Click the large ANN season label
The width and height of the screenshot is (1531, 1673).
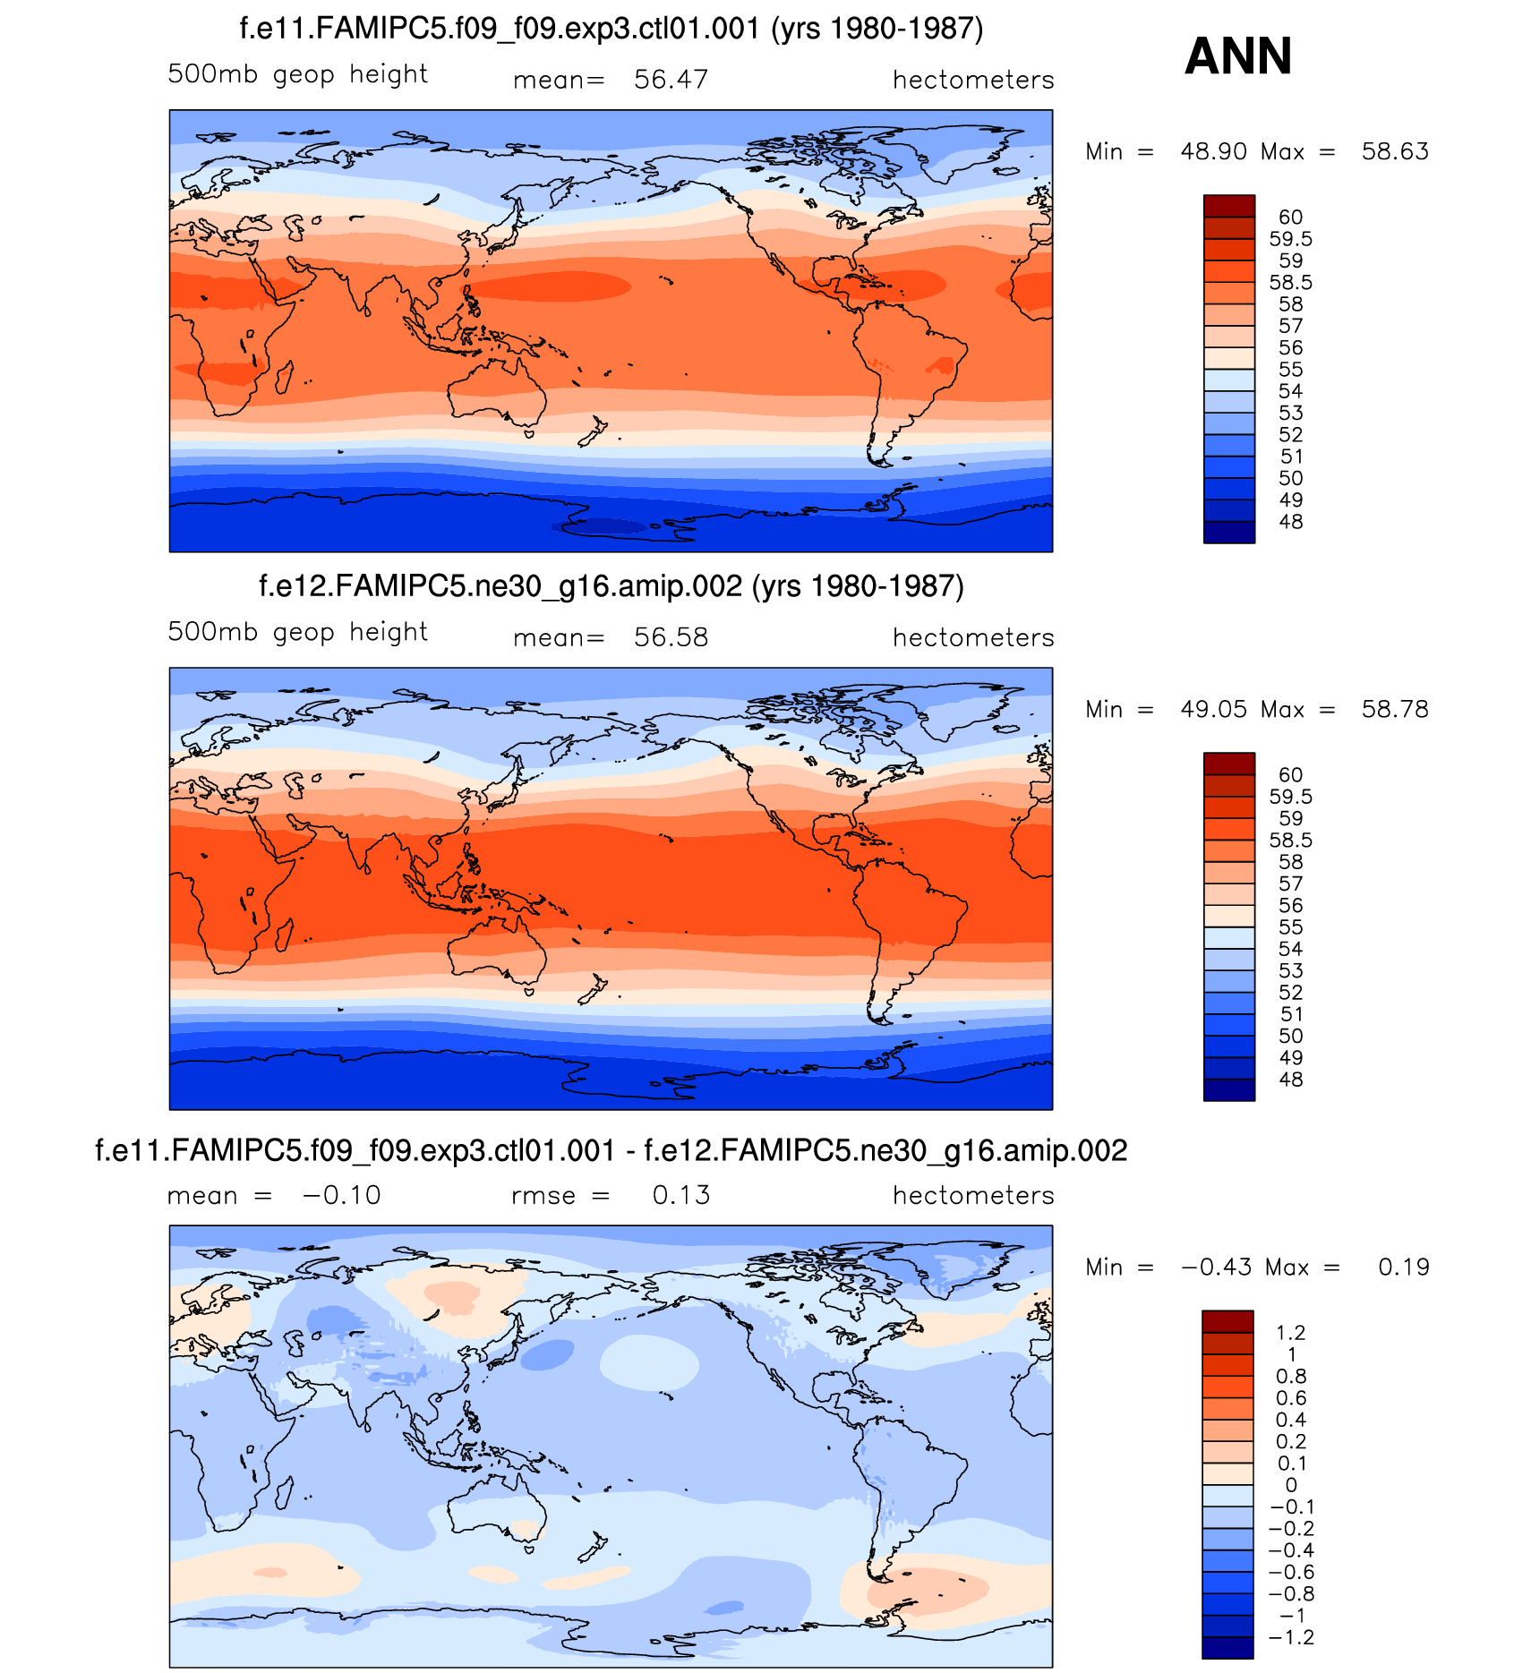coord(1237,56)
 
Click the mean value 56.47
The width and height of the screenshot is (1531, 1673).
coord(671,80)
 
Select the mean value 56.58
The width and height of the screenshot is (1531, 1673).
coord(671,637)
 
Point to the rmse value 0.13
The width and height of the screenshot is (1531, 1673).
coord(680,1195)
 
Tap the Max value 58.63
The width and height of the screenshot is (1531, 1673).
coord(1394,151)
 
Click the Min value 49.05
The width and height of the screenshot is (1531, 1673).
coord(1213,709)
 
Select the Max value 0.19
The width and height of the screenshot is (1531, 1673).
coord(1403,1267)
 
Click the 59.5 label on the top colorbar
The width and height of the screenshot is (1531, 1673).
coord(1290,239)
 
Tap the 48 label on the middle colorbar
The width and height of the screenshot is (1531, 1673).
coord(1290,1080)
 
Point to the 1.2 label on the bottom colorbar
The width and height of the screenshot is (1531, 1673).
coord(1290,1333)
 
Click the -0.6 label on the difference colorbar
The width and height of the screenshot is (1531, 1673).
coord(1290,1572)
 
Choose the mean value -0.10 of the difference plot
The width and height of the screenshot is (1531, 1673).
coord(341,1195)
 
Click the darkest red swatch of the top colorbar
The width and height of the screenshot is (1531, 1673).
coord(1228,206)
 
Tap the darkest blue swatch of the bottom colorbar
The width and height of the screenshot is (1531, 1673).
coord(1227,1647)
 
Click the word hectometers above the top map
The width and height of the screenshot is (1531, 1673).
coord(973,80)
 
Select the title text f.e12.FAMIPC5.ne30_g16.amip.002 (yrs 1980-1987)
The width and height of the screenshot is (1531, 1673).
coord(612,586)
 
